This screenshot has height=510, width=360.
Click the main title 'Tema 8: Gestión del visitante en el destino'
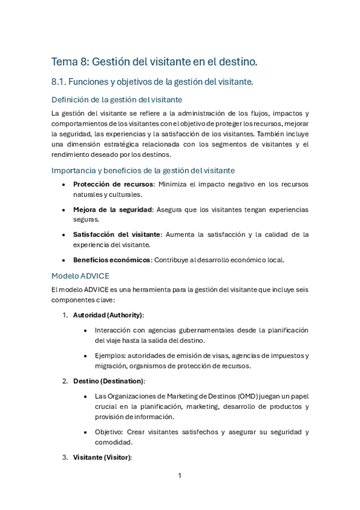tap(154, 61)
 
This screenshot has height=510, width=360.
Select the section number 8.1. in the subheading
tap(61, 82)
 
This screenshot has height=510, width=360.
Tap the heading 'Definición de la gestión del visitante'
tap(117, 99)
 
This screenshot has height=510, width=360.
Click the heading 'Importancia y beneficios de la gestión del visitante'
tap(143, 170)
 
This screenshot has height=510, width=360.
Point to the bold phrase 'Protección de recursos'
tap(113, 185)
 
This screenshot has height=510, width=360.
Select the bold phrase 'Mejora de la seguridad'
tap(112, 210)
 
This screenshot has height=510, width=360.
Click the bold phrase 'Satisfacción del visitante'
tap(117, 235)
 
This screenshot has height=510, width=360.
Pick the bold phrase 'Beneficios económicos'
tap(111, 260)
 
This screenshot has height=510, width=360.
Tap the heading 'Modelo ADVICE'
tap(80, 276)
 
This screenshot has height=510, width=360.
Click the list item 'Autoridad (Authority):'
tap(108, 315)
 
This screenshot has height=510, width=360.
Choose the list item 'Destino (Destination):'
tap(109, 381)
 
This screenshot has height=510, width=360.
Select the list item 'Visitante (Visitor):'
tap(102, 457)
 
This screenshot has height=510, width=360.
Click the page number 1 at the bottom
tap(180, 476)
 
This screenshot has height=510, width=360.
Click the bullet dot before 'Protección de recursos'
tap(64, 185)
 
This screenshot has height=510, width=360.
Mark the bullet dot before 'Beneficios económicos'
tap(64, 260)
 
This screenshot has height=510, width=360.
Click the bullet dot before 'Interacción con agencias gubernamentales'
tap(86, 330)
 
